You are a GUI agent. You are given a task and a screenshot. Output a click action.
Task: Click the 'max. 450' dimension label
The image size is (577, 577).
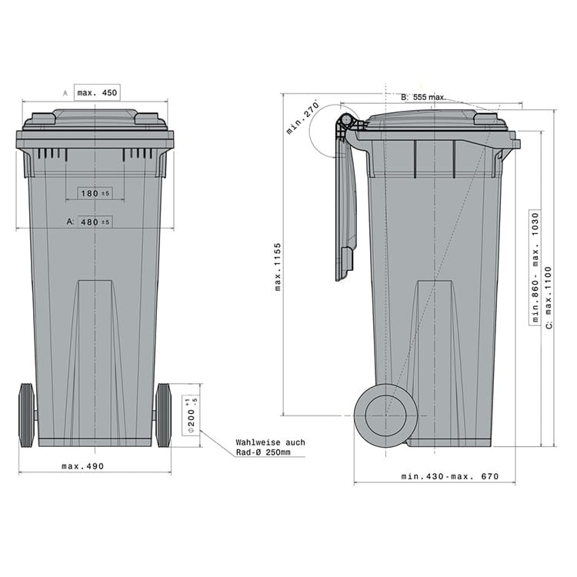click(97, 93)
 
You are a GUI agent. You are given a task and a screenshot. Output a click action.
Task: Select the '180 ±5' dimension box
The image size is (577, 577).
click(95, 193)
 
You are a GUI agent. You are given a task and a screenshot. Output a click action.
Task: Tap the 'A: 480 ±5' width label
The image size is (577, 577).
click(88, 222)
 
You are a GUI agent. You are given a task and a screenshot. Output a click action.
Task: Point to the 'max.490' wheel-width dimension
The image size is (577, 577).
click(83, 466)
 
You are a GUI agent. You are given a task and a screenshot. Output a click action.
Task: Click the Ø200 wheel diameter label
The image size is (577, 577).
click(192, 415)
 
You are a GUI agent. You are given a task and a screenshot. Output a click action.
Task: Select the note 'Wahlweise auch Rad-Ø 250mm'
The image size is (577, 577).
click(271, 447)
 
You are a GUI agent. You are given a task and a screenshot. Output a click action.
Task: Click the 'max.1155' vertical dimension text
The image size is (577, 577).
click(278, 267)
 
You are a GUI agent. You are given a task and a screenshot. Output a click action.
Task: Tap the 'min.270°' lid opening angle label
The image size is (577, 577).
click(302, 118)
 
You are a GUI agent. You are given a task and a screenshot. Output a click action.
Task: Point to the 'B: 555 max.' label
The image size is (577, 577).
click(423, 97)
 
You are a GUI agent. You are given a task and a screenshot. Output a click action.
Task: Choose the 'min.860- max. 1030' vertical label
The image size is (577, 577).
click(535, 268)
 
